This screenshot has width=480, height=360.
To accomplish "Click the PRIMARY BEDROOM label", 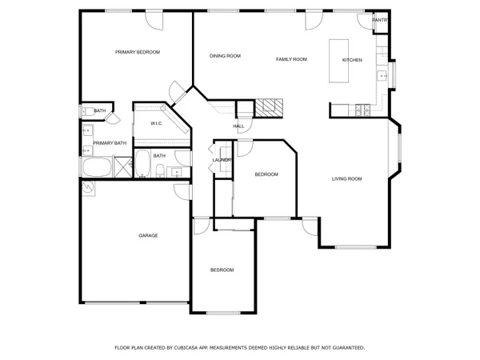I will pos(138,52).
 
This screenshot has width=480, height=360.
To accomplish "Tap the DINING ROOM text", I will pos(225,56).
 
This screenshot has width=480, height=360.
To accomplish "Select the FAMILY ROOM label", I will pos(291,59).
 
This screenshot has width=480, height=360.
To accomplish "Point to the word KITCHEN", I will pos(352,61).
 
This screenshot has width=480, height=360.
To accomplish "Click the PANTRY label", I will pos(381,20).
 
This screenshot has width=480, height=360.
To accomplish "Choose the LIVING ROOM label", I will pos(347,178).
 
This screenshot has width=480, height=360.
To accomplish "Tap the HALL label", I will pos(238,126).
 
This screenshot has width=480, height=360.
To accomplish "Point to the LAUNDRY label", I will pos(222,160).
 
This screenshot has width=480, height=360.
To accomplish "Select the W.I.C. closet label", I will pos(157,124).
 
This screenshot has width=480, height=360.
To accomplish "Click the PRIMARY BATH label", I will pos(110,143).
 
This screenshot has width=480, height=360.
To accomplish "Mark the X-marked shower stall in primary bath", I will pos(123,168).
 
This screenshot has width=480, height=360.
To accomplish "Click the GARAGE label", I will pos(148,235).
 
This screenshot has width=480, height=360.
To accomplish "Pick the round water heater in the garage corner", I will pos(88,189).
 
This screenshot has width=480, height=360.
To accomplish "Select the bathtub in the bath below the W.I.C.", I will pos(142,164).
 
